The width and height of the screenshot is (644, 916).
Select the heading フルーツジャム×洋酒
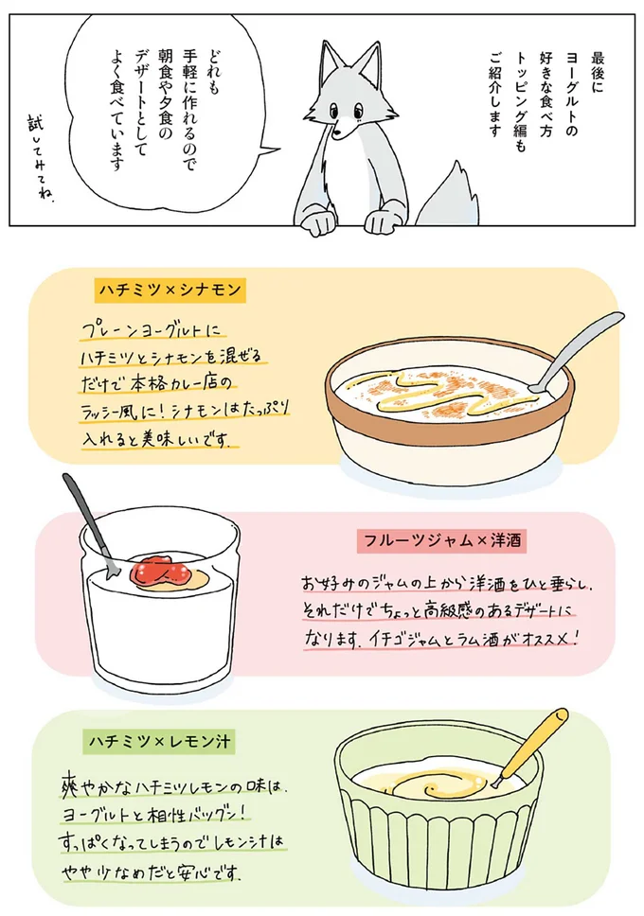pyautogui.click(x=443, y=541)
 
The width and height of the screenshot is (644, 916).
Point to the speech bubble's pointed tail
pyautogui.click(x=267, y=150)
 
